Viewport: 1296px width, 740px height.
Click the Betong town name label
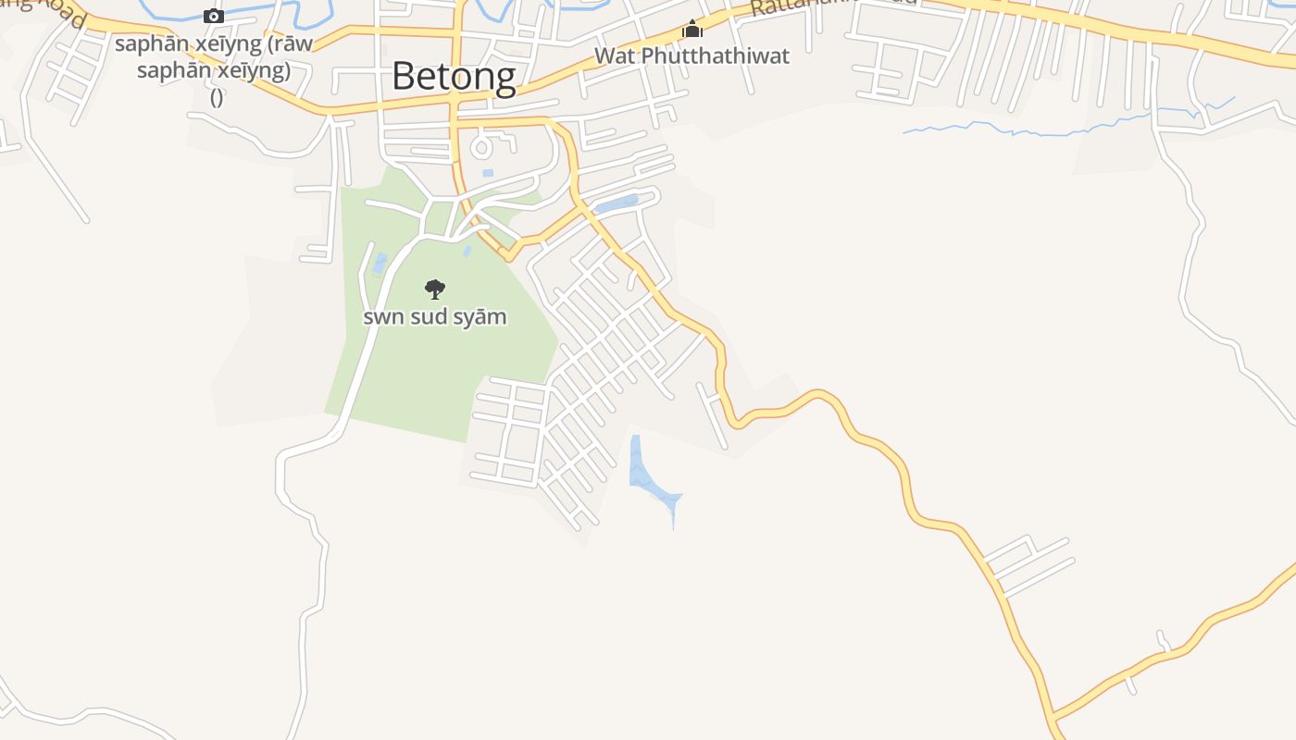[x=454, y=76]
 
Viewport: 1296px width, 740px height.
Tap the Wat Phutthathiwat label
[x=692, y=55]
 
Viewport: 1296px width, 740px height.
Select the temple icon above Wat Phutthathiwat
[x=692, y=30]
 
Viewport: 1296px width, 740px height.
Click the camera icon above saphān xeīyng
[x=214, y=16]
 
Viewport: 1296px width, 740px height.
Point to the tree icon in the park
[x=434, y=290]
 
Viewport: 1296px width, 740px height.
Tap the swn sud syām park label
[x=434, y=316]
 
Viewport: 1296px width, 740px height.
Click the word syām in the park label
[x=482, y=316]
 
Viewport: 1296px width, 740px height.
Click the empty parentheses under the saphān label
[x=217, y=97]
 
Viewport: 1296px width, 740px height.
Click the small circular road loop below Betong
[x=481, y=146]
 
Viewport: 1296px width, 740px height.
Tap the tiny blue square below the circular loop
[x=488, y=173]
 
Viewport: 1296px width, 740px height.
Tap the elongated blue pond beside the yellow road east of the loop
[x=617, y=204]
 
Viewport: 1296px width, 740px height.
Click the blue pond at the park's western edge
[x=380, y=264]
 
